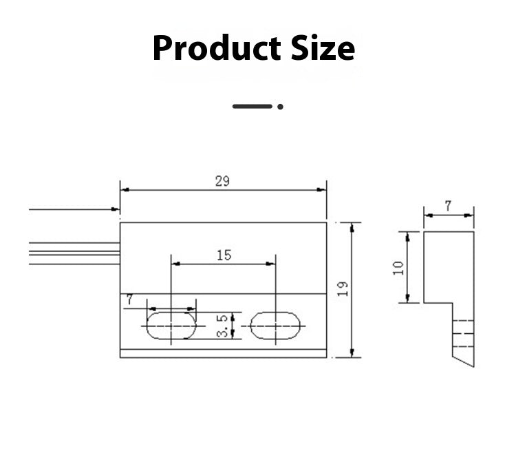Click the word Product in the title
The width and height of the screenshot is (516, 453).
pyautogui.click(x=217, y=48)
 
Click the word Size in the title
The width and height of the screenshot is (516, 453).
pyautogui.click(x=323, y=48)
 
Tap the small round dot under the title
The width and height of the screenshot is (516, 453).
pyautogui.click(x=280, y=107)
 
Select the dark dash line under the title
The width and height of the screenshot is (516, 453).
pyautogui.click(x=252, y=106)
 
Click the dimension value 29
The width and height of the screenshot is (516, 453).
pyautogui.click(x=222, y=181)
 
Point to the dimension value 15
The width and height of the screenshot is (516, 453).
pyautogui.click(x=224, y=255)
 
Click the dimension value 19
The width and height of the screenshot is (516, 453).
pyautogui.click(x=343, y=289)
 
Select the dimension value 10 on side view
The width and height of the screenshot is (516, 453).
pyautogui.click(x=398, y=268)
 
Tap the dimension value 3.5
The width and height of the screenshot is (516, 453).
pyautogui.click(x=222, y=326)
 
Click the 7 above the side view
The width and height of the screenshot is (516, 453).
pyautogui.click(x=448, y=207)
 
